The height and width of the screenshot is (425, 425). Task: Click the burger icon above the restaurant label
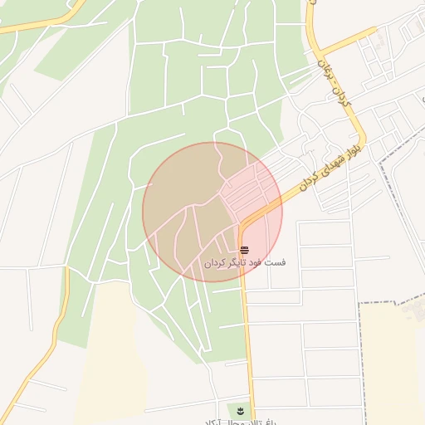(243, 250)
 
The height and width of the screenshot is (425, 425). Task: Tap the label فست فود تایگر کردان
(245, 262)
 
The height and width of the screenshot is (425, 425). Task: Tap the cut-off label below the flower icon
(249, 422)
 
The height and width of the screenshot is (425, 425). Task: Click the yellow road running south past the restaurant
(247, 332)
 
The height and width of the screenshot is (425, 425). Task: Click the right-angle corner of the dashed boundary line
(360, 305)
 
